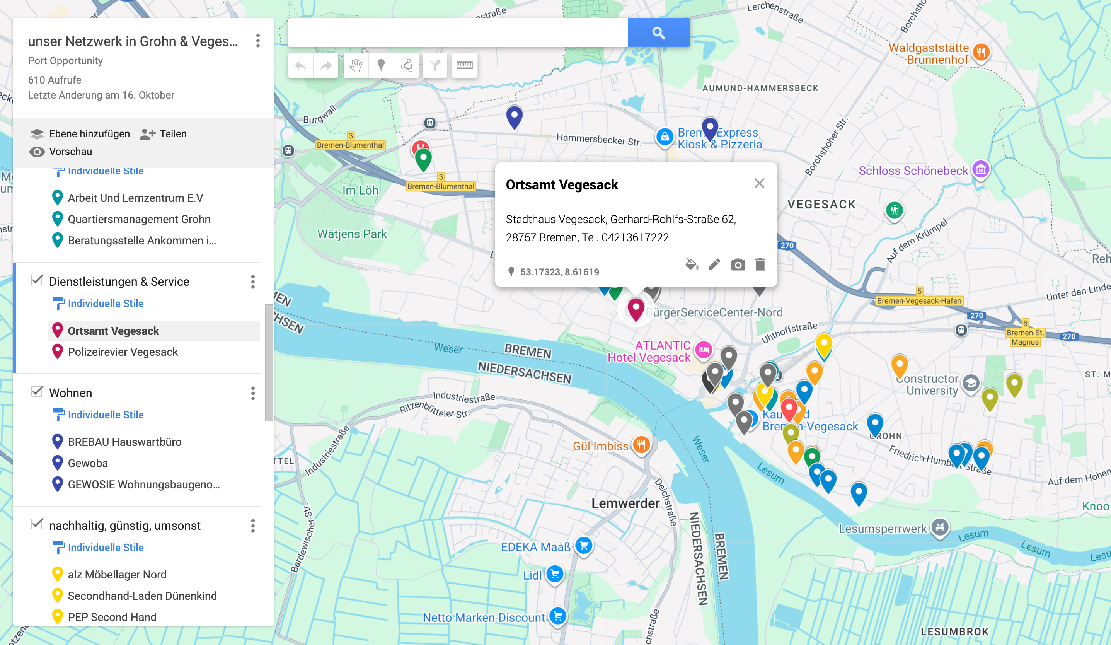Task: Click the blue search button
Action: (659, 32)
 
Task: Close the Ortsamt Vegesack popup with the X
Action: (759, 183)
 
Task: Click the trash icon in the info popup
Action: (760, 264)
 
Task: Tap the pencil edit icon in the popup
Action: (714, 264)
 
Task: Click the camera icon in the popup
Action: (738, 264)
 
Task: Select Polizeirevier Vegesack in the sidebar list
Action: (123, 352)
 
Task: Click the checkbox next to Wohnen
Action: (37, 391)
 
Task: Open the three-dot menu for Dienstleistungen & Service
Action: (252, 282)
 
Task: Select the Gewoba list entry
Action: (88, 463)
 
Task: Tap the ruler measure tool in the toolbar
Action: (464, 66)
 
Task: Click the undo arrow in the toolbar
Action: (301, 66)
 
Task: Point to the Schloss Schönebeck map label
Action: (913, 171)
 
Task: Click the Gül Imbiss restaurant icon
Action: (641, 445)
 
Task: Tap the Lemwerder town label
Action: (625, 503)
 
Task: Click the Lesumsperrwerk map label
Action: (882, 528)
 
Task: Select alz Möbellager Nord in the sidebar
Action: (117, 575)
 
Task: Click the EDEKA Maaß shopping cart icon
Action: (584, 546)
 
